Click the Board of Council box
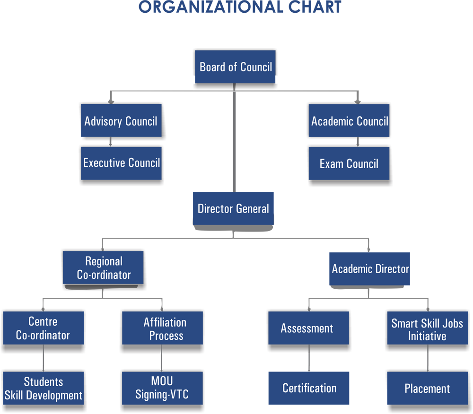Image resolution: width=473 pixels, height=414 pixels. (236, 67)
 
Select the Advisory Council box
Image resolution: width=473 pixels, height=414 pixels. (121, 121)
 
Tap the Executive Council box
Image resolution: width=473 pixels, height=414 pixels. (121, 163)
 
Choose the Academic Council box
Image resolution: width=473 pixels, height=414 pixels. (349, 121)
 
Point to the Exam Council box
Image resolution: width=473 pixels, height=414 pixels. (349, 164)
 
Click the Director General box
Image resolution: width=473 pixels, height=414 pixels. (233, 208)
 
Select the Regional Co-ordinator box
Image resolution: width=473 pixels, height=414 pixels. (104, 267)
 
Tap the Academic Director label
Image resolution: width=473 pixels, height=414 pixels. (370, 269)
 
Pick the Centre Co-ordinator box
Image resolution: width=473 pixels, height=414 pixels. (43, 328)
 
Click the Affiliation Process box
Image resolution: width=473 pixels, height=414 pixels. (163, 328)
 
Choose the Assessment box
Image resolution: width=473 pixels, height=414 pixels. (308, 328)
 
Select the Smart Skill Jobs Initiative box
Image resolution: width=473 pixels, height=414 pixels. (427, 329)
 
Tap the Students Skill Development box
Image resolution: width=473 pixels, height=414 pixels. (43, 388)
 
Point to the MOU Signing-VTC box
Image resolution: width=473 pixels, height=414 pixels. (162, 388)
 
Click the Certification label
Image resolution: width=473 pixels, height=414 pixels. (309, 388)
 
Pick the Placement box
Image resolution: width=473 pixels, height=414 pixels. (427, 388)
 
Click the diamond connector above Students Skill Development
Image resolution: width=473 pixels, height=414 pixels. (43, 362)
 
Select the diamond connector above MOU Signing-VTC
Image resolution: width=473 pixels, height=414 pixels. (162, 362)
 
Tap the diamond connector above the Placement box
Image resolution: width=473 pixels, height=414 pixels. (427, 362)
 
